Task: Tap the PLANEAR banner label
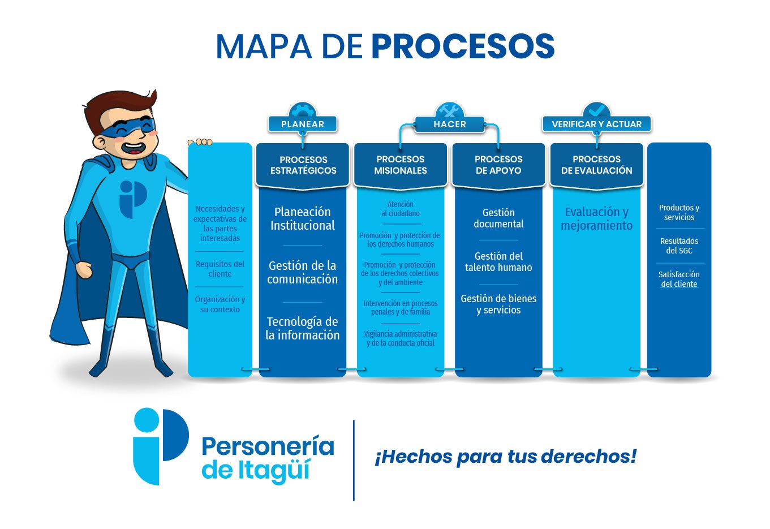tap(303, 124)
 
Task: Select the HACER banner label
tap(450, 124)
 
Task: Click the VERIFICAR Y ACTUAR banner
tap(596, 124)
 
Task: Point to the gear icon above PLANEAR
tap(303, 110)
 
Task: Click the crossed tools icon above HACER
tap(450, 110)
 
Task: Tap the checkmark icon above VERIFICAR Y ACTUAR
tap(597, 110)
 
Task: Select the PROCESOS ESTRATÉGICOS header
tap(303, 165)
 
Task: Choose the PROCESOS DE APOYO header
tap(498, 165)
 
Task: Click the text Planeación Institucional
tap(303, 218)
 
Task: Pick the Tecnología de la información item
tap(303, 328)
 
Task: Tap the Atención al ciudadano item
tap(401, 209)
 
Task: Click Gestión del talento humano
tap(498, 261)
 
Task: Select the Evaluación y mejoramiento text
tap(596, 218)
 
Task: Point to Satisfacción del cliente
tap(679, 279)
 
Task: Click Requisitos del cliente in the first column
tap(220, 269)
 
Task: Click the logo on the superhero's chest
tap(133, 199)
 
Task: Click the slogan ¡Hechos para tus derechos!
tap(505, 457)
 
